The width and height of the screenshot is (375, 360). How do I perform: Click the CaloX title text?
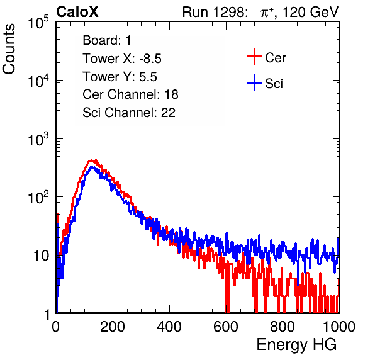coord(77,12)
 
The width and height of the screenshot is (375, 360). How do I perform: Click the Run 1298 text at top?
coord(215,12)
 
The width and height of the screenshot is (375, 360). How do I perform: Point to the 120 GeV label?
coord(310,12)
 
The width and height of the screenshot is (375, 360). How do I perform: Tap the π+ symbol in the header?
coord(267,13)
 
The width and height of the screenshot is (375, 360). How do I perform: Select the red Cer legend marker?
coord(254,57)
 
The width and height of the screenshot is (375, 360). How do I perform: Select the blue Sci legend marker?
coord(254,83)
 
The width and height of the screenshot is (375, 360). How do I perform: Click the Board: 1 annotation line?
coord(107,40)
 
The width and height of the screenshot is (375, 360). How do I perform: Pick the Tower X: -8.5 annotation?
coord(122,59)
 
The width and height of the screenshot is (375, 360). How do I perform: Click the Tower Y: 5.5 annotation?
coord(120,77)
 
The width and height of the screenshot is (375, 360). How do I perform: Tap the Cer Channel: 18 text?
coord(130,94)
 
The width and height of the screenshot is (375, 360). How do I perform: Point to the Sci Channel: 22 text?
coord(129,113)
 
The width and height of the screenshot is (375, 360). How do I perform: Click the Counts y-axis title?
coord(9,49)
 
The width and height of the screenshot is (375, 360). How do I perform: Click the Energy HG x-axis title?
coord(296,345)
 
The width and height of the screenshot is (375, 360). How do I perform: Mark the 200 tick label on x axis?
coord(113,327)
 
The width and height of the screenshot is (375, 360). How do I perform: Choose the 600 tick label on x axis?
coord(226,327)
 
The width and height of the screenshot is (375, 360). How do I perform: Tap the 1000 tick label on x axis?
coord(339,327)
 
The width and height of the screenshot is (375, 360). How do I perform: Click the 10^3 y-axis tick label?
coord(38,139)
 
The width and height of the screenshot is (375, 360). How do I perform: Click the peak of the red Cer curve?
coord(92,160)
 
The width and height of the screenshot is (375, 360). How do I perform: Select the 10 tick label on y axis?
coord(42,256)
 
